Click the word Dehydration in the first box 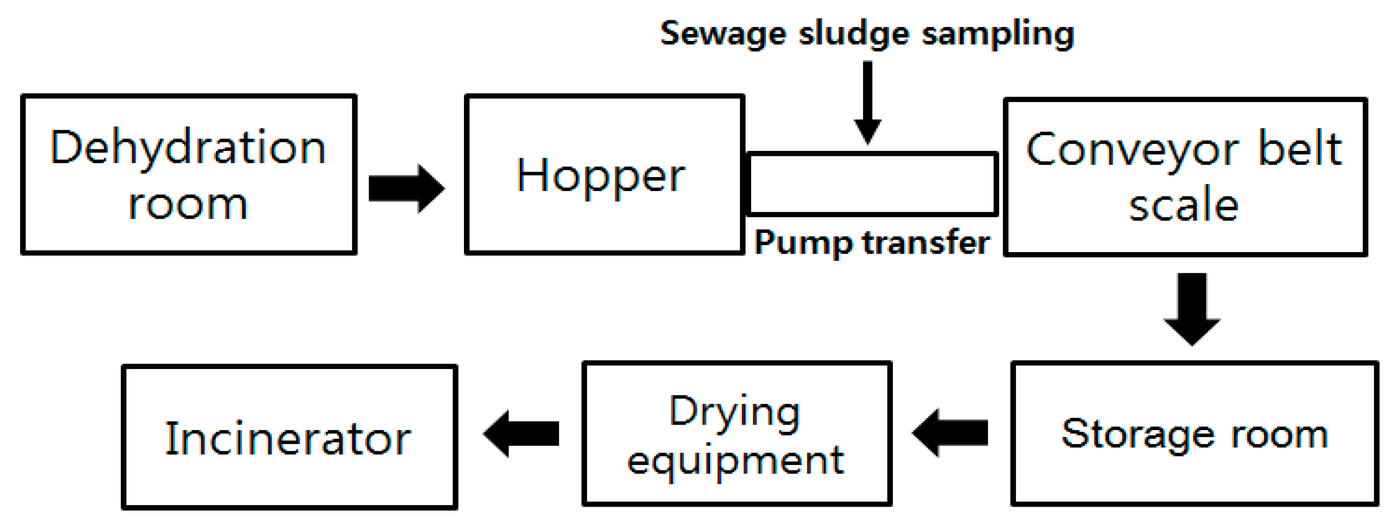point(189,148)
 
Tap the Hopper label point(601,176)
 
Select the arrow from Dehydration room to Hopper point(406,188)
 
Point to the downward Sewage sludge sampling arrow point(868,102)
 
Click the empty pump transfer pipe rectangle point(872,184)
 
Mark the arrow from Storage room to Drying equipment point(950,433)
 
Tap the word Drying point(734,412)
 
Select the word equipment point(736,462)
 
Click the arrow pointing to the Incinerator point(521,433)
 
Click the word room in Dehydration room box point(188,205)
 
